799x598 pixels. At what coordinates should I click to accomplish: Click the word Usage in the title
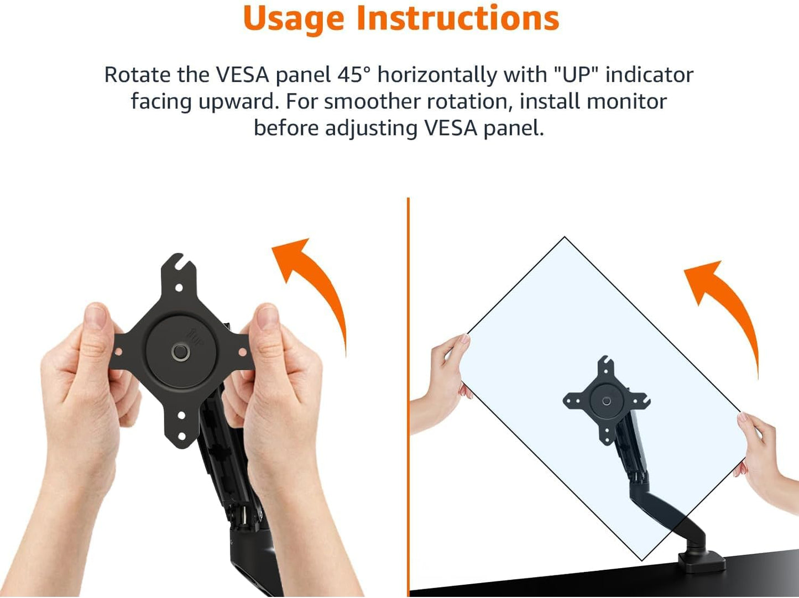coord(295,19)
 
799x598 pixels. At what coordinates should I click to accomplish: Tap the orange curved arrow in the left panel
coord(316,287)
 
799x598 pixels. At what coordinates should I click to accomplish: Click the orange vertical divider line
coord(408,387)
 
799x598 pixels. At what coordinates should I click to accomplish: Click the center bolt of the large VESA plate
coord(180,352)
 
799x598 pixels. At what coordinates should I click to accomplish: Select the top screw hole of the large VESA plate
coord(179,288)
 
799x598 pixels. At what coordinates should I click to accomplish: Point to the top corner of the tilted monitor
coord(565,239)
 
